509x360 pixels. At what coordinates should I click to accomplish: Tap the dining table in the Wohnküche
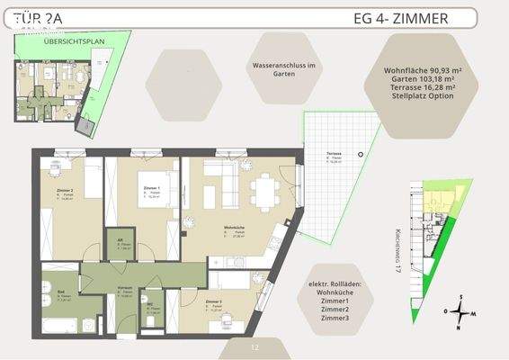[266, 190]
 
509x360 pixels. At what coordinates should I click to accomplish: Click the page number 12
[254, 346]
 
